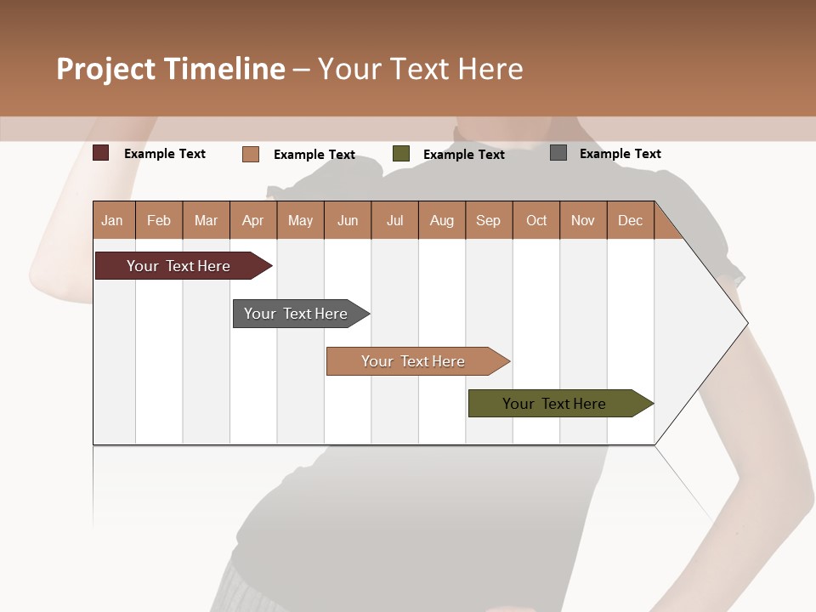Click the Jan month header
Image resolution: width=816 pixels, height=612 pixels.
click(x=112, y=220)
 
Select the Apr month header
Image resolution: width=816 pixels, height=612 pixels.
click(x=253, y=220)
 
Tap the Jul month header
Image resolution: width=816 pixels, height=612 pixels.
click(x=394, y=220)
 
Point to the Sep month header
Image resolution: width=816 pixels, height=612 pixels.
click(x=488, y=220)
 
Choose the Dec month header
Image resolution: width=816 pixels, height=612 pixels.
click(x=630, y=220)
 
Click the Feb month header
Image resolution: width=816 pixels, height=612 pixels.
click(x=159, y=220)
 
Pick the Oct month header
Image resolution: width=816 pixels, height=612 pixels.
click(x=536, y=220)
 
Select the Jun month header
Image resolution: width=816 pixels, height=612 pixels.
click(x=348, y=220)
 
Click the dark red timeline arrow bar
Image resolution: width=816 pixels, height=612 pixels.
click(x=178, y=266)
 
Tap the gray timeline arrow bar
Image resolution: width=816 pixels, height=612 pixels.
click(x=296, y=314)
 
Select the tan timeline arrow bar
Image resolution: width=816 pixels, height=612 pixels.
click(x=413, y=361)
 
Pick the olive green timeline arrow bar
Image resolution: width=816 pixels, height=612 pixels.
click(x=554, y=404)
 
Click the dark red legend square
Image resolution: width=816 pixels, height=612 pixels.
click(x=101, y=153)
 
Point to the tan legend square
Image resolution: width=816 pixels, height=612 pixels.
click(x=251, y=154)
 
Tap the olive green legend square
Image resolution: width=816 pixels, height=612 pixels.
click(x=401, y=154)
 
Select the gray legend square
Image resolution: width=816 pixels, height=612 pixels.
click(x=558, y=153)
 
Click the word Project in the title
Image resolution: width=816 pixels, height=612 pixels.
click(x=106, y=69)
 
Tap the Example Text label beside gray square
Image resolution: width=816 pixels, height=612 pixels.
click(x=620, y=154)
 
